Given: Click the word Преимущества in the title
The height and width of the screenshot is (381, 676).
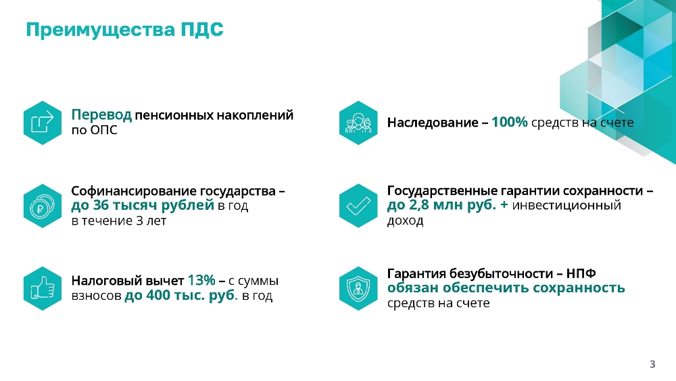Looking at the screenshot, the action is (x=101, y=30).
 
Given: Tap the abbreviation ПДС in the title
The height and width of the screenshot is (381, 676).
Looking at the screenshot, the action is (x=202, y=30).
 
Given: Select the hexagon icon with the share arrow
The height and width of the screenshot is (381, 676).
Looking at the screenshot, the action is (x=43, y=122).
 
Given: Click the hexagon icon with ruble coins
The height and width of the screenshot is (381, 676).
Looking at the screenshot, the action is (x=43, y=206).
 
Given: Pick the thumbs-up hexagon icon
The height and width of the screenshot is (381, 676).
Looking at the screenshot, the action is (x=43, y=288).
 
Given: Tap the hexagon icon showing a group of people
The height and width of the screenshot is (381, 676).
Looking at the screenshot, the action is (x=358, y=122).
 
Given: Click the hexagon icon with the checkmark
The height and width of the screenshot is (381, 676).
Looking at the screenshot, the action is (x=358, y=206).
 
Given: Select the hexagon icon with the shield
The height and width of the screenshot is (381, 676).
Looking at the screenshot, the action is (x=358, y=288).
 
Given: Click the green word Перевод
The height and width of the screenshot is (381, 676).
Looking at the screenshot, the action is (x=101, y=116).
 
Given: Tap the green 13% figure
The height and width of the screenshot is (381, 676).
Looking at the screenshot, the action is (x=201, y=280).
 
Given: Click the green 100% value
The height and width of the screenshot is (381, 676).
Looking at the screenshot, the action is (x=510, y=122).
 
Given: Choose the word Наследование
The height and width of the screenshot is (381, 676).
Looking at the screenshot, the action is (x=433, y=123).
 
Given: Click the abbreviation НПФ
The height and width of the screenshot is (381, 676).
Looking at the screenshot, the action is (x=581, y=273).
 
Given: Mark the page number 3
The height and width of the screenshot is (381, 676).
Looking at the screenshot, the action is (x=652, y=364).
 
